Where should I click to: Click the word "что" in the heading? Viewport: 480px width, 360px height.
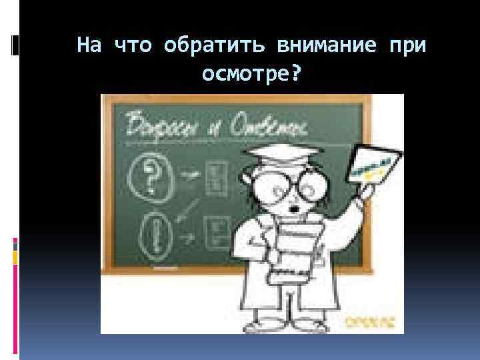[134, 45]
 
